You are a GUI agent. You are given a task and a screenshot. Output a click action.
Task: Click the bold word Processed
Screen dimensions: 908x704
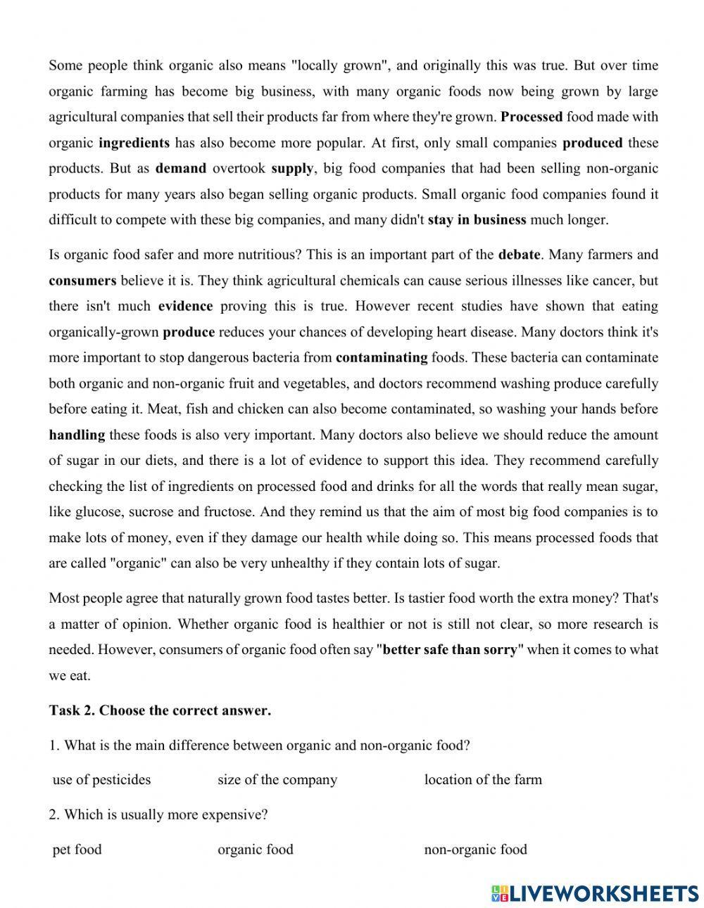(532, 117)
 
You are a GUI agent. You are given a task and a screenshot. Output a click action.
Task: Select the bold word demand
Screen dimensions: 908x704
(181, 168)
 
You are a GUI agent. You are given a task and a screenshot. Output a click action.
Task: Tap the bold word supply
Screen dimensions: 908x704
(291, 168)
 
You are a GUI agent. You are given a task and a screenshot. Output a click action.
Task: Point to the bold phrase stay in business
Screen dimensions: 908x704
(477, 219)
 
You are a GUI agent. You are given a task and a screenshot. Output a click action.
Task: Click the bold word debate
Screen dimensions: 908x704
(520, 254)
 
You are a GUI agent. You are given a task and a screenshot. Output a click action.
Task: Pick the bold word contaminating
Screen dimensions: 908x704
(382, 357)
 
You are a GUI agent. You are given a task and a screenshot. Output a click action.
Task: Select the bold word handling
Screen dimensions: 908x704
(77, 435)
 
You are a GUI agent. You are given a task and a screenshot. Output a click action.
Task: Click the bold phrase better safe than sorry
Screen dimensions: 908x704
(449, 649)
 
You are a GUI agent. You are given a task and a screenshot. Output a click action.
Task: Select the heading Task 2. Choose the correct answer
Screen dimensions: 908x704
(160, 710)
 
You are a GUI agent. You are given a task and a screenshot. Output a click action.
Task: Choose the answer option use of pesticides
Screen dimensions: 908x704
(102, 779)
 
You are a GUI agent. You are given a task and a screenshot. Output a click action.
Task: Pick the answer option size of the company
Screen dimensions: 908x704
(277, 779)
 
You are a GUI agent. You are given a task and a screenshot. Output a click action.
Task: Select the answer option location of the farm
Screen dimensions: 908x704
(483, 779)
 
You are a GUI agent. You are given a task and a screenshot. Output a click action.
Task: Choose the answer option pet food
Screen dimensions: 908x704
(77, 850)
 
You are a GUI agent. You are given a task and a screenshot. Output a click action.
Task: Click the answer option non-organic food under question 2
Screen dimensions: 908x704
(475, 850)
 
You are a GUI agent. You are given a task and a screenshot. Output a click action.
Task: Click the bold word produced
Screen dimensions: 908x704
(592, 143)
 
